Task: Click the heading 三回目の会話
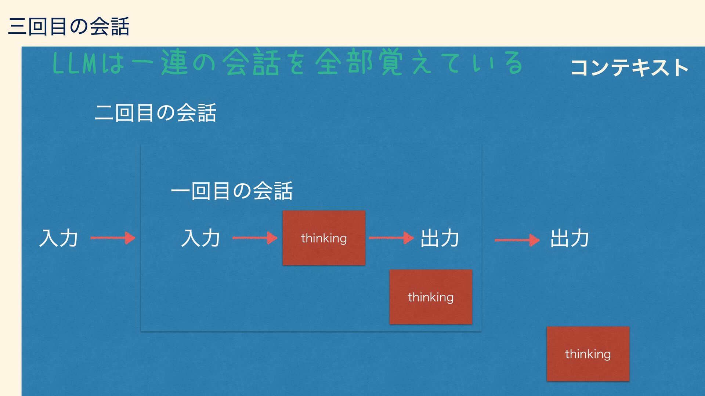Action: [69, 26]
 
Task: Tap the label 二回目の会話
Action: [155, 113]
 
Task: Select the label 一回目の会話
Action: [232, 191]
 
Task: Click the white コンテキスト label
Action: [629, 68]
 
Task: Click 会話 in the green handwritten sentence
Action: [253, 63]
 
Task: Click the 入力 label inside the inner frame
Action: [200, 238]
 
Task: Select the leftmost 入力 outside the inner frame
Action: [58, 238]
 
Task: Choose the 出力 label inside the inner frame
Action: [440, 238]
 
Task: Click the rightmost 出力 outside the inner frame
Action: [570, 238]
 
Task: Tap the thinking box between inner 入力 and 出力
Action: [324, 238]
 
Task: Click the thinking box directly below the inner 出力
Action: [431, 297]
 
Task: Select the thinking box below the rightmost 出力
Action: [588, 354]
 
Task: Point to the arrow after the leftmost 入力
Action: [113, 238]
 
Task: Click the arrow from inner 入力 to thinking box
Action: [255, 238]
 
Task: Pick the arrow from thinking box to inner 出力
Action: [391, 238]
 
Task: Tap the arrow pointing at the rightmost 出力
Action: [517, 240]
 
